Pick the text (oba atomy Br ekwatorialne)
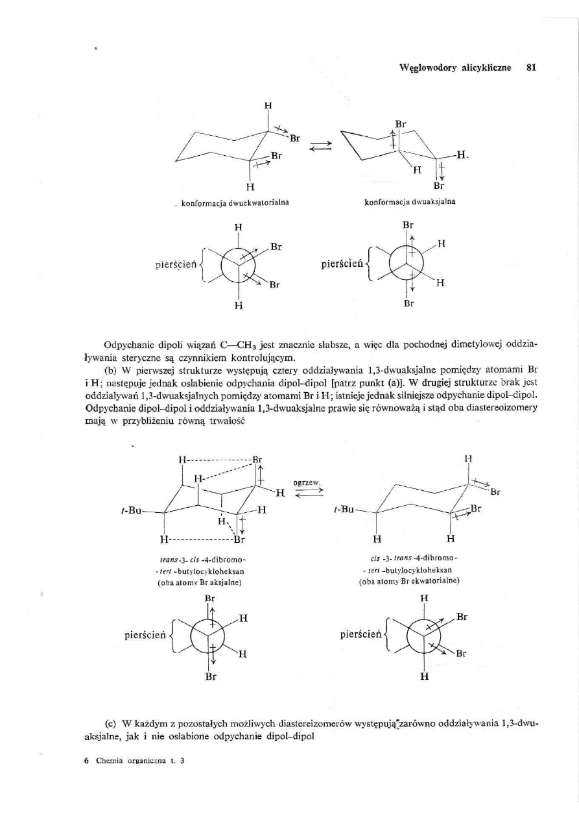point(410,582)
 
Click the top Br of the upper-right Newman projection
point(408,225)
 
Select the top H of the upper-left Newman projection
point(238,228)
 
